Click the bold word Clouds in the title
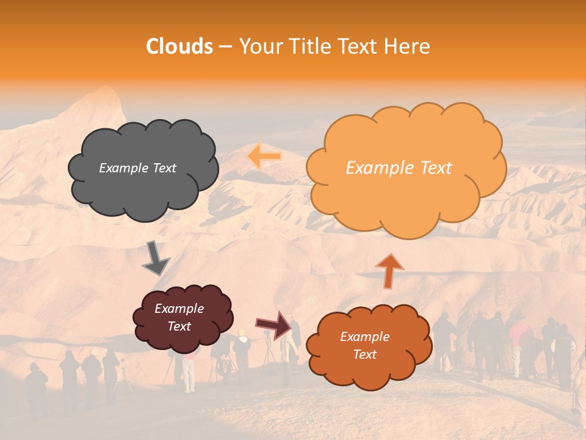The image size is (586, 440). (x=179, y=46)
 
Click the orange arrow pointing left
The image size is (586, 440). (x=264, y=156)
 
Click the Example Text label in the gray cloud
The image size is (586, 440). (x=137, y=168)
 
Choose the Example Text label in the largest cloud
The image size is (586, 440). (x=399, y=168)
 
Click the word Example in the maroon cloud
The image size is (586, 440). (x=179, y=309)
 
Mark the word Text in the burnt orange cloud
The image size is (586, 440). (x=364, y=354)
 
